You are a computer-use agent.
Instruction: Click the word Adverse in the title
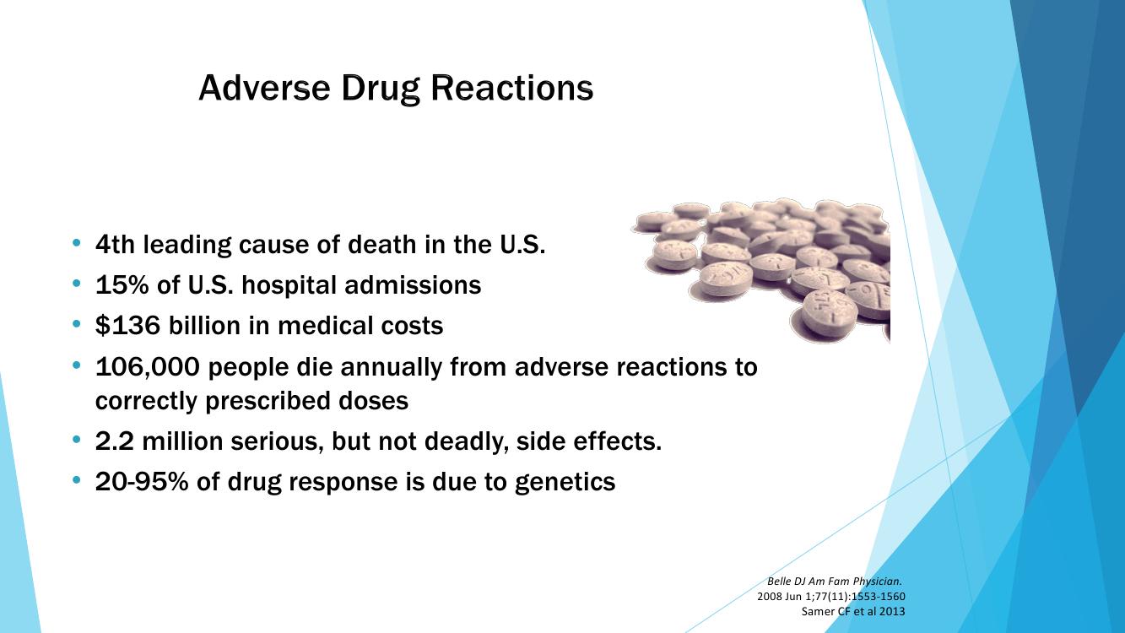[x=264, y=88]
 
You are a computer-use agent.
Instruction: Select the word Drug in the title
[x=380, y=89]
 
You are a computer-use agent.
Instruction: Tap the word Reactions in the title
[x=511, y=88]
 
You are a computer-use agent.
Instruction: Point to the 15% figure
[x=122, y=285]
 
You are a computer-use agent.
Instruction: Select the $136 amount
[x=127, y=326]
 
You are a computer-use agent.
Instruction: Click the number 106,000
[x=148, y=367]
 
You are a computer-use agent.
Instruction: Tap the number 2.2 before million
[x=115, y=441]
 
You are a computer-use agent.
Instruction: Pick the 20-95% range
[x=142, y=481]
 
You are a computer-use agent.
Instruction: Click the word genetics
[x=565, y=483]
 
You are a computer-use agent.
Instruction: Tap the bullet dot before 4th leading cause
[x=76, y=243]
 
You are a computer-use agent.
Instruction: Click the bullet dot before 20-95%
[x=76, y=479]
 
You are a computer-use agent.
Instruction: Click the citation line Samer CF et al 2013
[x=853, y=611]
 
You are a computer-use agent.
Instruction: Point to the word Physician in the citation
[x=878, y=582]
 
